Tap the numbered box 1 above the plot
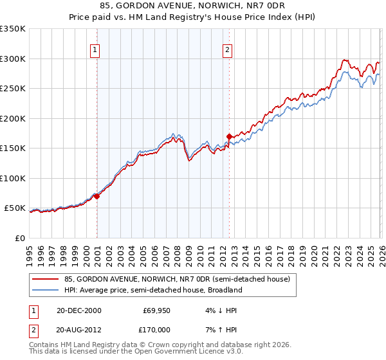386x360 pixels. point(95,49)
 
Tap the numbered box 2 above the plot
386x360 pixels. point(228,49)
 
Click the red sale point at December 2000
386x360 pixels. point(97,196)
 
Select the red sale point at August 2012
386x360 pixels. point(229,136)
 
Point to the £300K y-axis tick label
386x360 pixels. point(13,59)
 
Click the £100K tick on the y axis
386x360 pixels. point(13,178)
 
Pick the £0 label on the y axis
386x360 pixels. point(21,238)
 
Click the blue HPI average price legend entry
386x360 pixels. point(153,290)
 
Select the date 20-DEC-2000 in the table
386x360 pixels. point(78,310)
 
